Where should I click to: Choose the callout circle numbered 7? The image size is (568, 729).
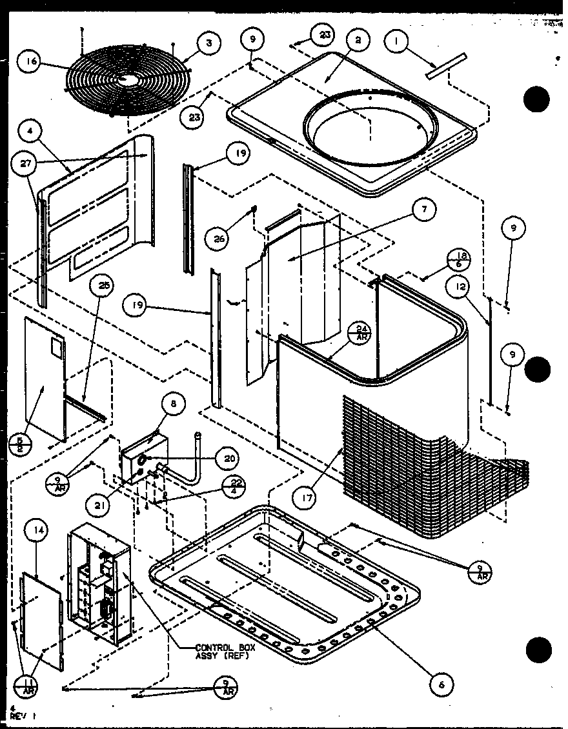[x=424, y=209]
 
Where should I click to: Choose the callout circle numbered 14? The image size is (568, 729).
[x=37, y=531]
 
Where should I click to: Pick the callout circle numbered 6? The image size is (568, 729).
[x=441, y=683]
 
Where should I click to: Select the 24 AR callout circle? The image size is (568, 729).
[x=360, y=332]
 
